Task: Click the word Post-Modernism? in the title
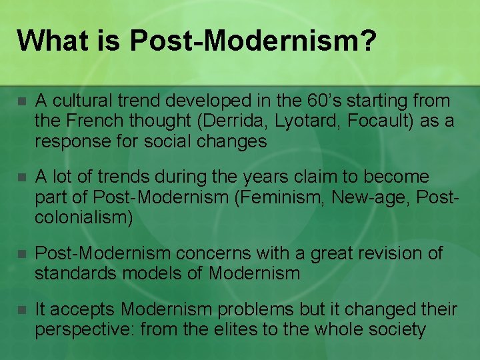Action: tap(253, 40)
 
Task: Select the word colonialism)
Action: tap(82, 217)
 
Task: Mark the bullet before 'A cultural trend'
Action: tap(21, 102)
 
